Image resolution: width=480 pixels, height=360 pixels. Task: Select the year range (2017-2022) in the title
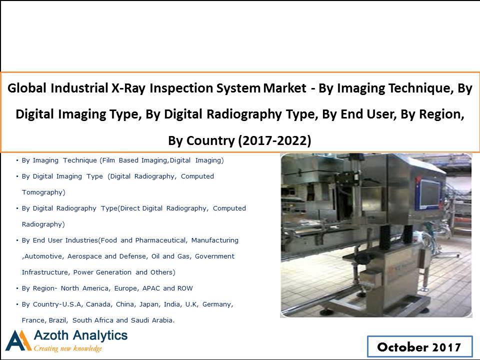tap(274, 140)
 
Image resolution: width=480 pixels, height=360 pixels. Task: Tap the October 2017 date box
tap(419, 347)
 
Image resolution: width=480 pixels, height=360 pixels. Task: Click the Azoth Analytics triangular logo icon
tap(18, 340)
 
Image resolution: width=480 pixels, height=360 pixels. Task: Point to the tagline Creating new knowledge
tap(67, 348)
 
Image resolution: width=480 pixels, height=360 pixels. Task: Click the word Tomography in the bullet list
tap(43, 192)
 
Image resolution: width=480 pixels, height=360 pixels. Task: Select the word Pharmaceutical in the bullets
tap(161, 240)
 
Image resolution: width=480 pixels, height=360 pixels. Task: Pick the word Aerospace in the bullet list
tap(85, 256)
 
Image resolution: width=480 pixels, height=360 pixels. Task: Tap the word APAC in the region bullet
tap(155, 288)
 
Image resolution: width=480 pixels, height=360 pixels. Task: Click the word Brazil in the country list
tap(58, 320)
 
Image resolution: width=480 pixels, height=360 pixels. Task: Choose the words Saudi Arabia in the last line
tap(153, 320)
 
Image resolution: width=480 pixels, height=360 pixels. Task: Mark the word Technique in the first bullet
tap(80, 160)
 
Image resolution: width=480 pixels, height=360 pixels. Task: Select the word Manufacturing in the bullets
tap(215, 240)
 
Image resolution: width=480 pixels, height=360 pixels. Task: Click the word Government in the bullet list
tap(214, 256)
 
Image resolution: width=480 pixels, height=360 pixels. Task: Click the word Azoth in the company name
tap(51, 335)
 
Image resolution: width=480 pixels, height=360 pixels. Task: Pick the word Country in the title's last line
tap(210, 140)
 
